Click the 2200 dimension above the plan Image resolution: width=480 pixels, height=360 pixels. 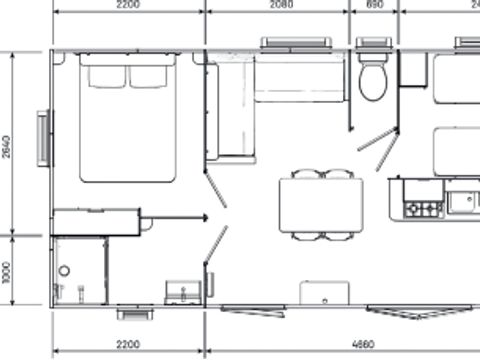127,5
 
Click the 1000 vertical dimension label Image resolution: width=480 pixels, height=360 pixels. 7,271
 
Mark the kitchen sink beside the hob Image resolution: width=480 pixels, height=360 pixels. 463,203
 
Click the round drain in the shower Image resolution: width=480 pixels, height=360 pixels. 64,271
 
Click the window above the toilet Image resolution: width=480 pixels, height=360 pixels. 372,43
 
